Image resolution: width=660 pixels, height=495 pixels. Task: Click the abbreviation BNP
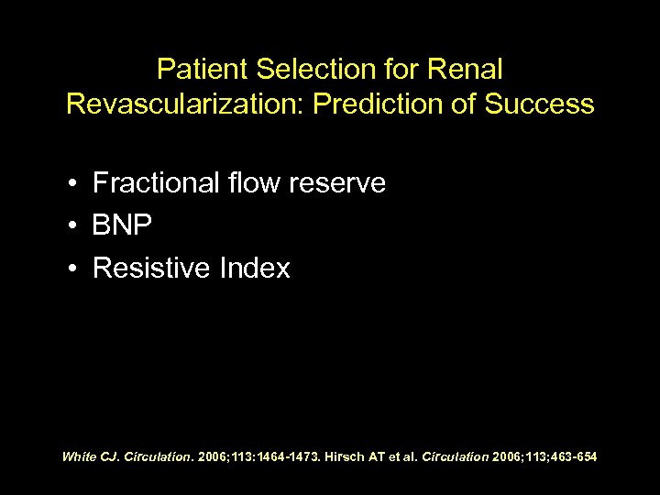tap(122, 226)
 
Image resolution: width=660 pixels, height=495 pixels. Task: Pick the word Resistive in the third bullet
tap(150, 269)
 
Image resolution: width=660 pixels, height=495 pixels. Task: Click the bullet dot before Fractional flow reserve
tap(71, 185)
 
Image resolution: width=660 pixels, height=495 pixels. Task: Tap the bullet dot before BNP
tap(71, 227)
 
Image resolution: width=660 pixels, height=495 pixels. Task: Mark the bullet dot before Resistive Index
tap(71, 269)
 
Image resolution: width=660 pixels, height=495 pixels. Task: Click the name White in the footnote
tap(79, 456)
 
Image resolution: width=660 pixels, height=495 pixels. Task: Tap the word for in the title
tap(391, 70)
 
